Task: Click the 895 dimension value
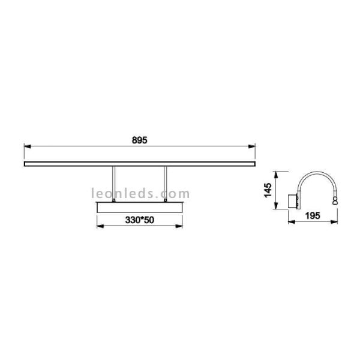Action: tap(139, 139)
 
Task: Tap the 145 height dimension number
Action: tap(268, 190)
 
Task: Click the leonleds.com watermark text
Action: tap(140, 193)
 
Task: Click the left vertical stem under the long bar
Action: tap(112, 184)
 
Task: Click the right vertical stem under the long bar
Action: tap(165, 184)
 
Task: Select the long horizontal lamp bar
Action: tap(139, 163)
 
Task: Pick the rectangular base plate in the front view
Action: tap(139, 206)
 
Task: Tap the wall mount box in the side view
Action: tap(293, 200)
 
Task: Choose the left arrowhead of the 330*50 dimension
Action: tap(98, 226)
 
